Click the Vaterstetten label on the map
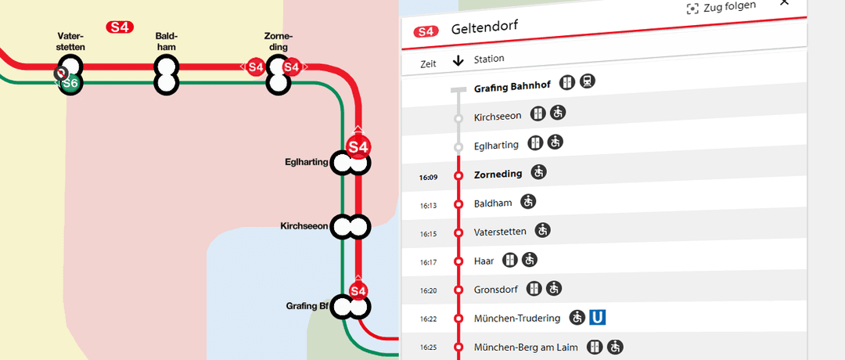click(x=70, y=41)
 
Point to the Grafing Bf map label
click(x=307, y=306)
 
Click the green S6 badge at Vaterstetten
click(x=70, y=83)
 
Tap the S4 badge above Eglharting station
click(x=358, y=146)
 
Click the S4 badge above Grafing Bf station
click(x=358, y=291)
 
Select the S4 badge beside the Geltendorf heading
click(x=426, y=31)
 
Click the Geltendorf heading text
click(x=484, y=29)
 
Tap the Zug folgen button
click(x=721, y=7)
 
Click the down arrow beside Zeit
click(x=458, y=61)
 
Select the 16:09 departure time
click(x=428, y=178)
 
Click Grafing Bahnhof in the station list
click(x=512, y=88)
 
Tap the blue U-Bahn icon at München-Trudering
click(x=599, y=317)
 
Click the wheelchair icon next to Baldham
click(x=529, y=202)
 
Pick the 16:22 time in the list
click(x=428, y=319)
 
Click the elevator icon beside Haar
click(x=510, y=259)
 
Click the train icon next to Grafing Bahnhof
click(x=588, y=82)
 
